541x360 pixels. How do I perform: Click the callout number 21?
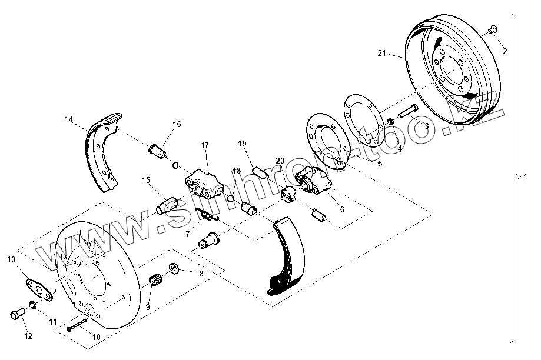coord(381,54)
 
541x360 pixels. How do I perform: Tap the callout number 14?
coord(69,120)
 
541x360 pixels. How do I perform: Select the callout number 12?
coord(28,336)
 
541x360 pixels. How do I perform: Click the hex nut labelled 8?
coord(175,269)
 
